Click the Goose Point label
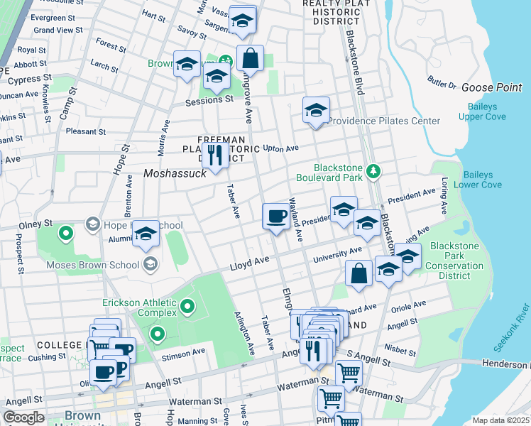click(491, 87)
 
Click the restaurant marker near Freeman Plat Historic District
click(214, 156)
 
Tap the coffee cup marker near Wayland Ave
click(275, 215)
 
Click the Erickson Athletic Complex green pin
click(187, 307)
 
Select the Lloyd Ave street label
click(249, 262)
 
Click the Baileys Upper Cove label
click(487, 111)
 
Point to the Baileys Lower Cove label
click(482, 180)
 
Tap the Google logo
click(23, 417)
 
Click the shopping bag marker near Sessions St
click(250, 58)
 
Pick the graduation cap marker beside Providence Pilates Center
click(316, 110)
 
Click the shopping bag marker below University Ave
click(359, 273)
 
